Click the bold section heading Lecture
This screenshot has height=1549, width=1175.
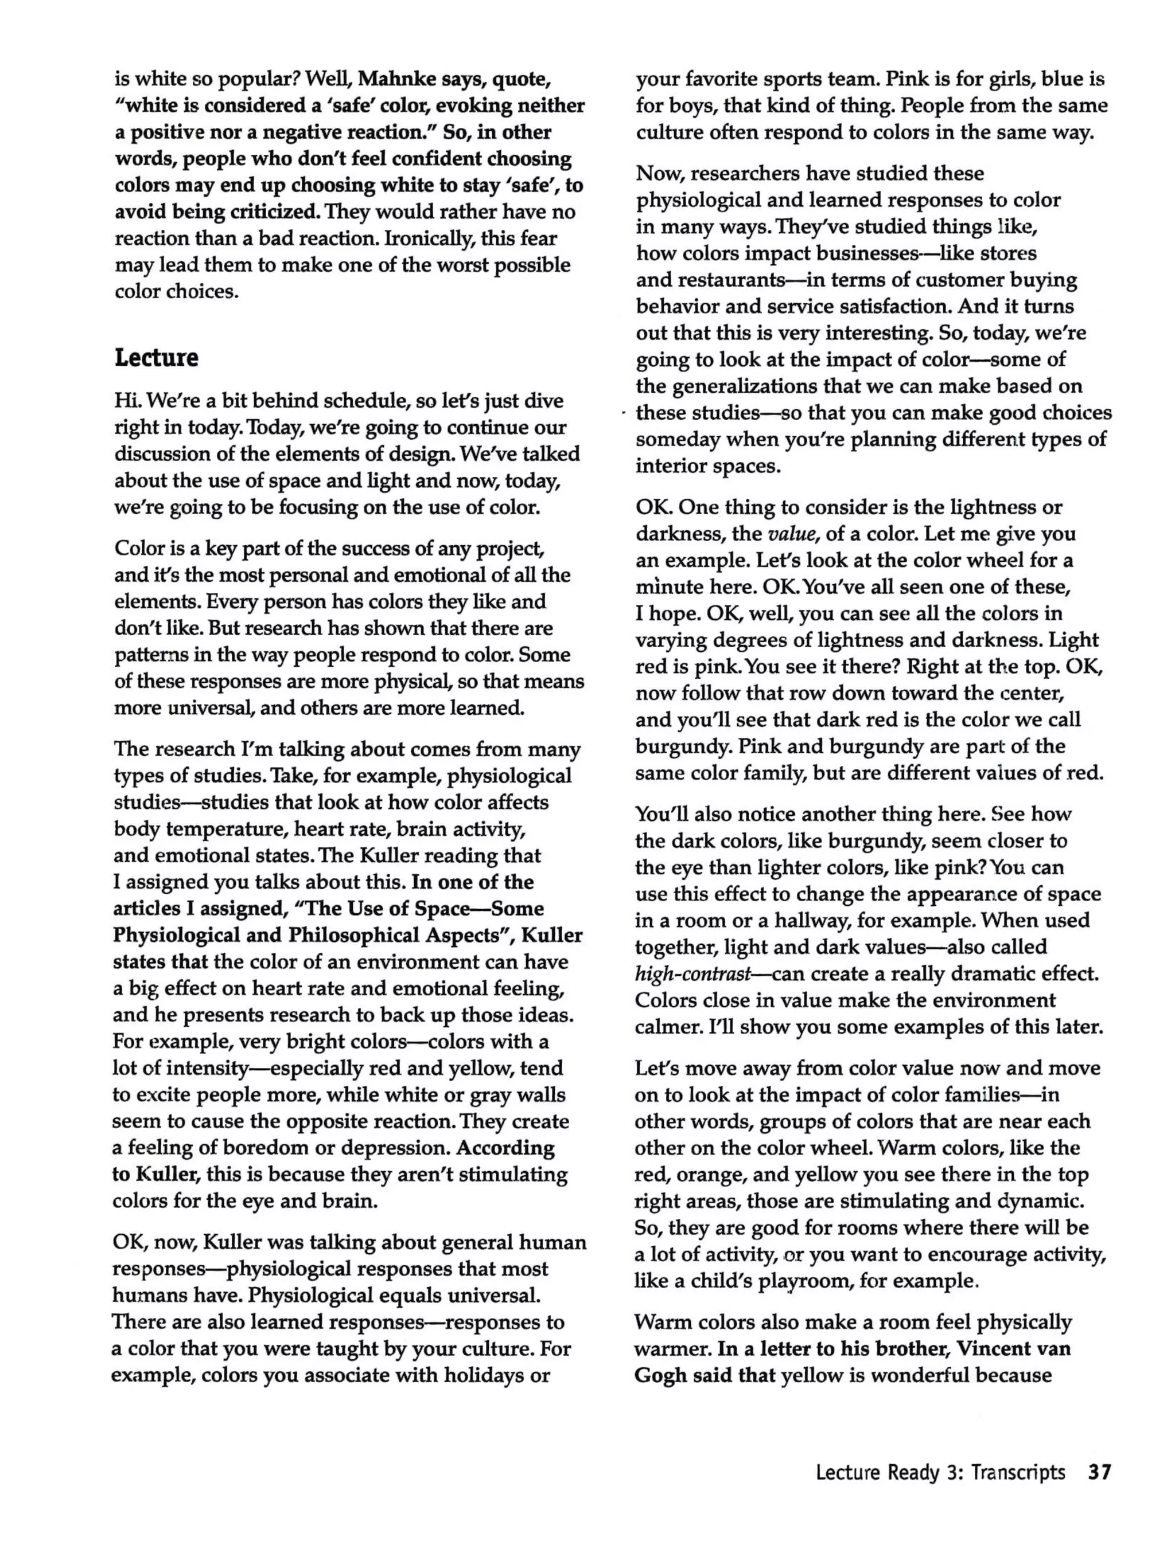(156, 358)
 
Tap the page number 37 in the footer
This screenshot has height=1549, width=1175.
(1099, 1473)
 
